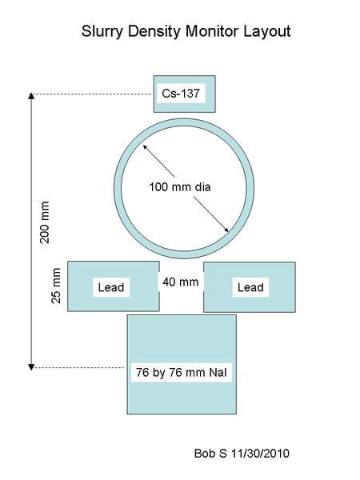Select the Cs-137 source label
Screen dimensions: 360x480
tap(181, 93)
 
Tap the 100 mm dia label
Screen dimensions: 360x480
tap(180, 186)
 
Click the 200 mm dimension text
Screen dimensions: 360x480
tap(45, 222)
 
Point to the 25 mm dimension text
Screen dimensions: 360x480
tap(56, 286)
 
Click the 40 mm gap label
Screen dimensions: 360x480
tap(181, 282)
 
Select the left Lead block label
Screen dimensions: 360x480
tap(111, 287)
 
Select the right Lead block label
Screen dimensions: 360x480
tap(250, 287)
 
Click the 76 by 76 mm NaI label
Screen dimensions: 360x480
tap(182, 372)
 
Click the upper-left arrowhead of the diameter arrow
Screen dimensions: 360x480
tap(144, 146)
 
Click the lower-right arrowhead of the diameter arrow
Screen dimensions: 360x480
tap(227, 231)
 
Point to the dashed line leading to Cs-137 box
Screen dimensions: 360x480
tap(92, 94)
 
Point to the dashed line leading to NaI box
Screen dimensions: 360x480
tap(79, 367)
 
